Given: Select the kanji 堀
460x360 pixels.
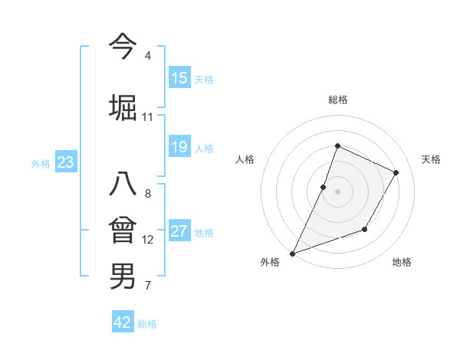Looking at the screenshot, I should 123,107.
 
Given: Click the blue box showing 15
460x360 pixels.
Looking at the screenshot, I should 179,78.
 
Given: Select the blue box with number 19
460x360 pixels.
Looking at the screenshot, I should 179,147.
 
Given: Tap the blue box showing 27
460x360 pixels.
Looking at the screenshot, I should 179,231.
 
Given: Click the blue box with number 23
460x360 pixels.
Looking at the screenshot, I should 65,162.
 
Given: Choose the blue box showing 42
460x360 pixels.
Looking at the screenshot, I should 123,322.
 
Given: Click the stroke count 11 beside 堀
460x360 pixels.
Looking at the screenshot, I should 147,117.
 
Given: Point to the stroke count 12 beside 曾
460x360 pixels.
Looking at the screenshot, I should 148,240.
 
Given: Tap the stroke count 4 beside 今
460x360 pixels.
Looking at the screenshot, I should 147,56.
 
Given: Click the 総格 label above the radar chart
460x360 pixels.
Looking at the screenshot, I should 337,100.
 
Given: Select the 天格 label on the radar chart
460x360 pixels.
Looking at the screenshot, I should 431,159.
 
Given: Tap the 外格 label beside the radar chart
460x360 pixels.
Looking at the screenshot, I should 270,262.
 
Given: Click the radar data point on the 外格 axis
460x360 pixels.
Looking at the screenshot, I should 293,253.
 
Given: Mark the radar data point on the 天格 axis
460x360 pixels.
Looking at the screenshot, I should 396,172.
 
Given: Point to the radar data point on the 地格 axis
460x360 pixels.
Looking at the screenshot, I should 365,229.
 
